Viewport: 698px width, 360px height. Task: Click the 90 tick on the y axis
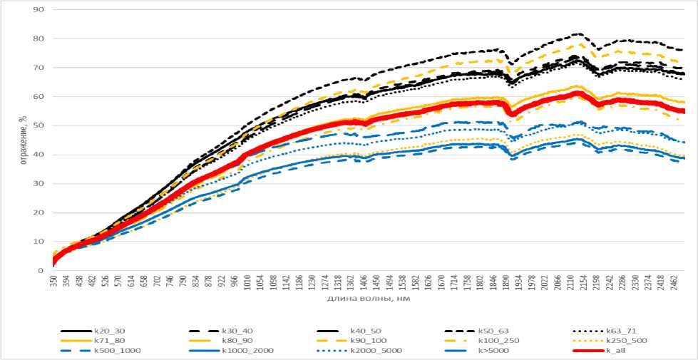(39, 10)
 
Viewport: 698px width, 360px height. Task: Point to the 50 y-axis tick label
(39, 125)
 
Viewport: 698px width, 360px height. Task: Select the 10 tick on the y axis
(39, 242)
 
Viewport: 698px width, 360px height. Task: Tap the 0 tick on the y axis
(41, 270)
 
